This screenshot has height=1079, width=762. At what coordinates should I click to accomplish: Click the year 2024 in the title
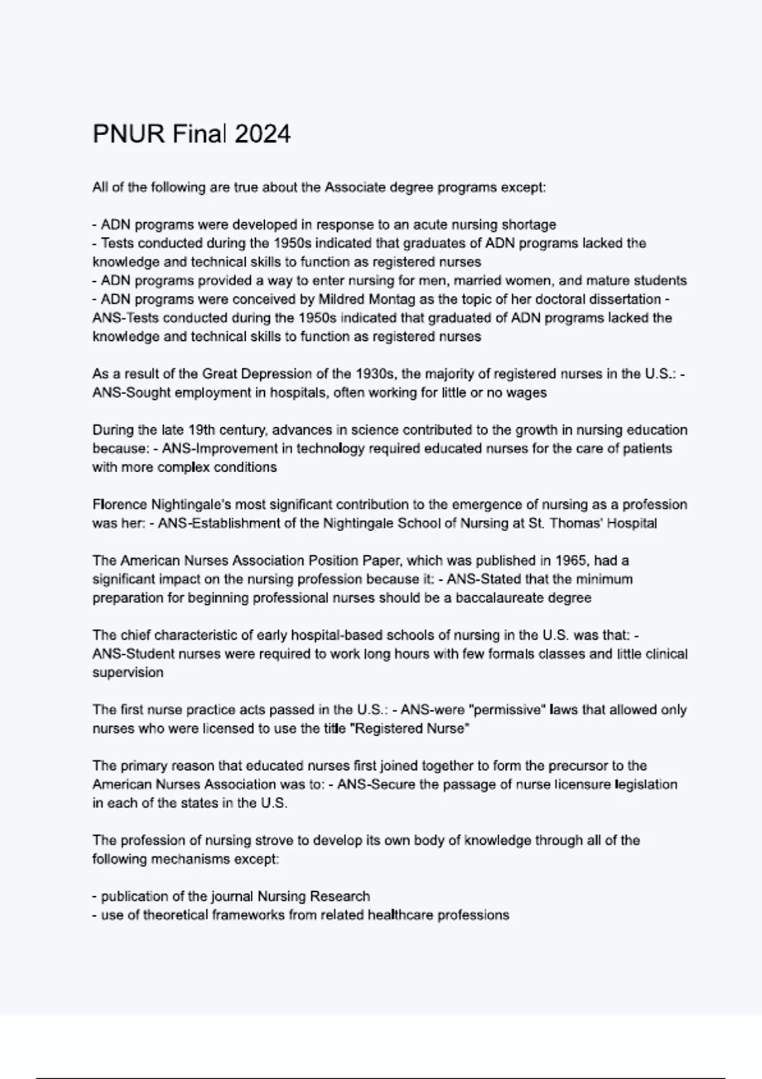pyautogui.click(x=262, y=135)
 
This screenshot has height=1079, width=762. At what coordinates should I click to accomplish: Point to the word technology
pyautogui.click(x=330, y=449)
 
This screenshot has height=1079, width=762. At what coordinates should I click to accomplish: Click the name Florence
pyautogui.click(x=119, y=505)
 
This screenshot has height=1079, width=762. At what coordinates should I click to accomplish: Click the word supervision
pyautogui.click(x=128, y=673)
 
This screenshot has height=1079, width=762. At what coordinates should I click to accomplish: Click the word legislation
pyautogui.click(x=646, y=784)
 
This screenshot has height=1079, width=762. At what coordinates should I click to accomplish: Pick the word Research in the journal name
pyautogui.click(x=340, y=896)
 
